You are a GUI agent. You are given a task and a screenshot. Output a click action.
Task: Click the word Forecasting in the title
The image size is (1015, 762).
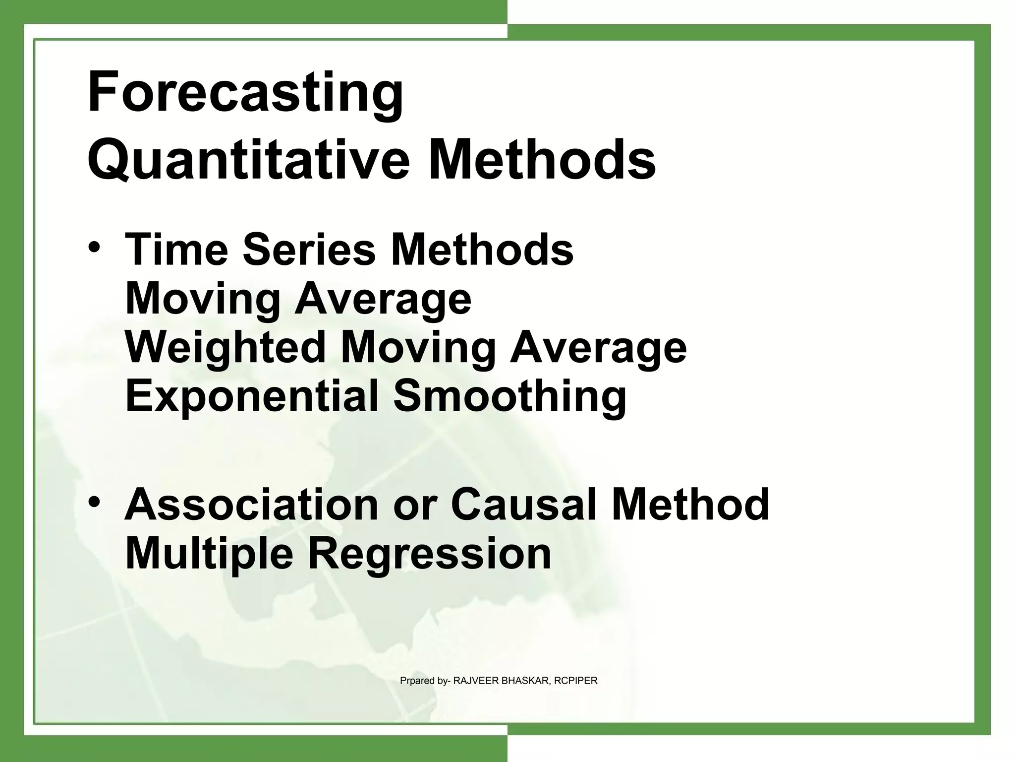245,93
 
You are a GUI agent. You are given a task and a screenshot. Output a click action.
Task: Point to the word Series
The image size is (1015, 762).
309,249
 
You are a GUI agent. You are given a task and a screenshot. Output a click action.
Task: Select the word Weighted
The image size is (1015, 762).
225,347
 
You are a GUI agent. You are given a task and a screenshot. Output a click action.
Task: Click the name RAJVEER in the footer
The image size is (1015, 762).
476,681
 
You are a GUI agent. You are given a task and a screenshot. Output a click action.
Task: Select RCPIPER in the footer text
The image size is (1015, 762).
575,681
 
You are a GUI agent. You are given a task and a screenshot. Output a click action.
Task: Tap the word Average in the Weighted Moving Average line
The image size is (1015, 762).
598,347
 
